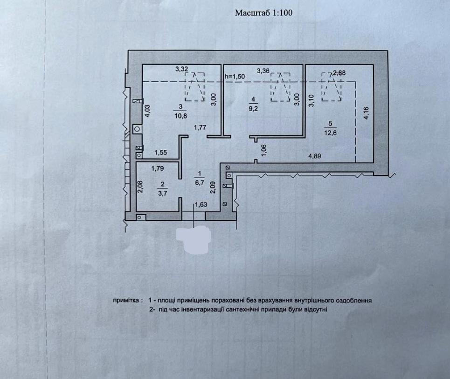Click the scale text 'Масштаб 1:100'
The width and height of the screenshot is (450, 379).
pos(264,13)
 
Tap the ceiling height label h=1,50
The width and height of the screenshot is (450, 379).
pos(235,77)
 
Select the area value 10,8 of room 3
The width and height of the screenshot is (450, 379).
pos(180,116)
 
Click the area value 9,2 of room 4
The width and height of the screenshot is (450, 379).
pos(253,109)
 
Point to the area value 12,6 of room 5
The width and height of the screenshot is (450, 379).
pos(330,133)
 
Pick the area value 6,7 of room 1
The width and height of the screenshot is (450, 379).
pos(200,182)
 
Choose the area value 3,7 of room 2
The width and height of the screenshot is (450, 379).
pos(162,193)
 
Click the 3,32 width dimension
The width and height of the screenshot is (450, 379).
pos(182,69)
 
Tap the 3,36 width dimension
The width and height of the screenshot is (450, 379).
pos(263,70)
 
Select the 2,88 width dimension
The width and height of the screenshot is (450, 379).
pos(339,73)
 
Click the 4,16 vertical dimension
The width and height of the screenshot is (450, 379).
pos(366,113)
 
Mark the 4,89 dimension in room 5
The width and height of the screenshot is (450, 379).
pos(315,156)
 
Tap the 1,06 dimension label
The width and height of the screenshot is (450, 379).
pos(264,150)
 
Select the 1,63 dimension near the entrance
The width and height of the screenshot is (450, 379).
pos(201,204)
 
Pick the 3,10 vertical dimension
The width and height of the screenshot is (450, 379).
pos(312,101)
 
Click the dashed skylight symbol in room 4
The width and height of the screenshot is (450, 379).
pos(280,87)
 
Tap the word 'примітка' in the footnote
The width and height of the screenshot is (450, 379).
pos(126,301)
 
